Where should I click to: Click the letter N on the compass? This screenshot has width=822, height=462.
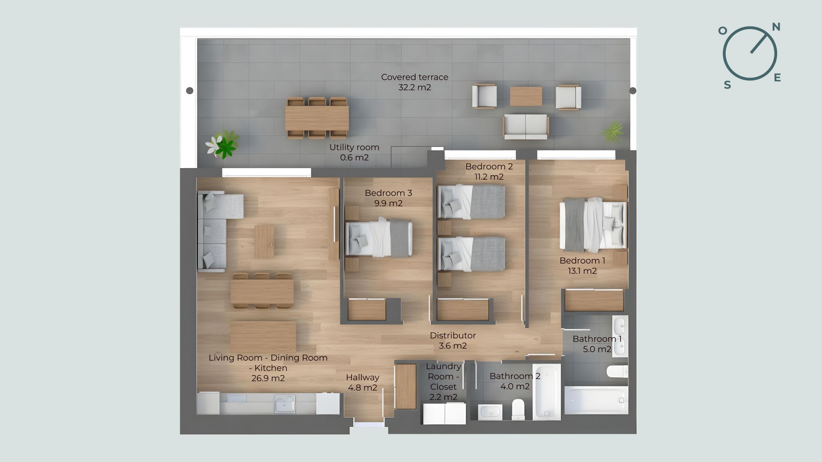pos(776,27)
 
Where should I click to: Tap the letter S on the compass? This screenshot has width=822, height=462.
pos(727,85)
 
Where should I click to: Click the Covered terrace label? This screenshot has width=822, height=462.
pos(414,77)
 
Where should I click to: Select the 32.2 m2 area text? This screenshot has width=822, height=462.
pos(414,88)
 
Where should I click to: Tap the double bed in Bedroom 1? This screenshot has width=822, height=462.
pos(593,225)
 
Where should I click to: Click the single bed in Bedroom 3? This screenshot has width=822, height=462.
pos(379,238)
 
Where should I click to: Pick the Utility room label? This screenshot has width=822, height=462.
pos(354,147)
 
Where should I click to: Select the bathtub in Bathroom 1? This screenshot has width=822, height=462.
pos(596,400)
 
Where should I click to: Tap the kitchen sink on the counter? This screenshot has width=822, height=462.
pos(284,403)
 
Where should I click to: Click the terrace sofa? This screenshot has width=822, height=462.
pos(526,126)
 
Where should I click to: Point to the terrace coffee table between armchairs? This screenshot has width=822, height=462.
pos(526,96)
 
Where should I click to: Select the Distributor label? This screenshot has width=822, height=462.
pos(453,336)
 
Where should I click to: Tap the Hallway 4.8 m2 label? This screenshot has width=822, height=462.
pos(362,382)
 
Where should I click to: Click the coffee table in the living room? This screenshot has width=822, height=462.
pos(264,241)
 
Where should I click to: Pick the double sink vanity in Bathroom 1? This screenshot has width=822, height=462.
pos(620,336)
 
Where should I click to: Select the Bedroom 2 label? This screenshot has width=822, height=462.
pos(489,166)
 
